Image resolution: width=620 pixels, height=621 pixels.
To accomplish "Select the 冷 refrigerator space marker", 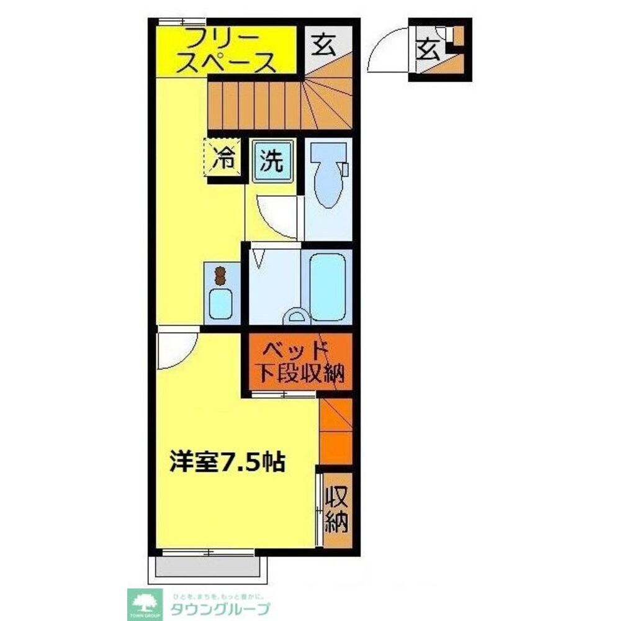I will point(222,160).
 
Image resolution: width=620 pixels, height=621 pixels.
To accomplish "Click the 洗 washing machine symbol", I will point(271,161).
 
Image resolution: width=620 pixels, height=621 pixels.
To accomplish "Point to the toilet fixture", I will point(327,176).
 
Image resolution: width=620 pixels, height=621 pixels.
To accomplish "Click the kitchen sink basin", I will point(220,303).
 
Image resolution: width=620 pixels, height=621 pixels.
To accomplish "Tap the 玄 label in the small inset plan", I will point(428,48).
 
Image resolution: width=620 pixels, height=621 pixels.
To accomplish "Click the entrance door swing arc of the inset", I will point(387,53).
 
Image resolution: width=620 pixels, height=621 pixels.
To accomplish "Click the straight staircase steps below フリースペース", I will point(254,106).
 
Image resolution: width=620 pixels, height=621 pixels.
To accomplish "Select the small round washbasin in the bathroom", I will point(295,318).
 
